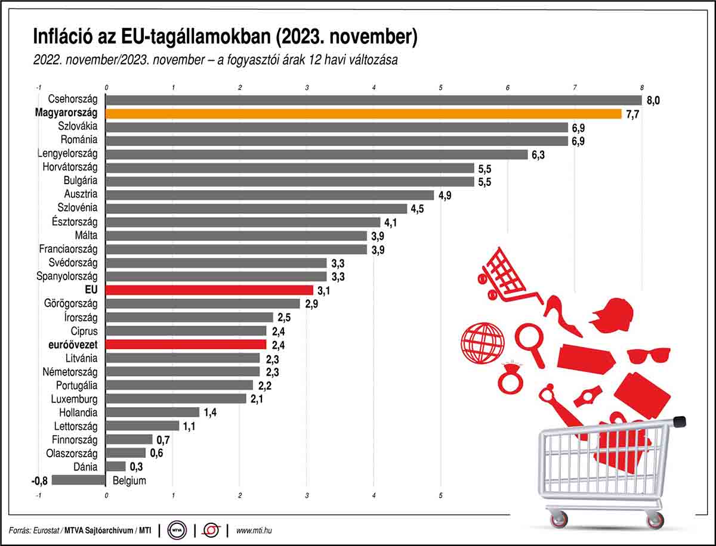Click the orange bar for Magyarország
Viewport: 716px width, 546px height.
[364, 113]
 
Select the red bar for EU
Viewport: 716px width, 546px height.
[209, 290]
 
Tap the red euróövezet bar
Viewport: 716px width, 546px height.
[186, 345]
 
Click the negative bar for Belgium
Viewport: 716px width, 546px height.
[79, 480]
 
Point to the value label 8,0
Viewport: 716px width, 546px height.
[653, 100]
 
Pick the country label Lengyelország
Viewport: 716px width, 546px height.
[67, 154]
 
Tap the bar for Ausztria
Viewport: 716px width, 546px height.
[270, 195]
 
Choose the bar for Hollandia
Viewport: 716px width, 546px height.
[152, 412]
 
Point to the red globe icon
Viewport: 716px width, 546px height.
[480, 342]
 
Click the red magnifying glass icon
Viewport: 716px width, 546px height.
[530, 343]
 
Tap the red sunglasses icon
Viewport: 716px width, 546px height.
[649, 355]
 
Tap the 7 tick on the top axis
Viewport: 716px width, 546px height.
[575, 88]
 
